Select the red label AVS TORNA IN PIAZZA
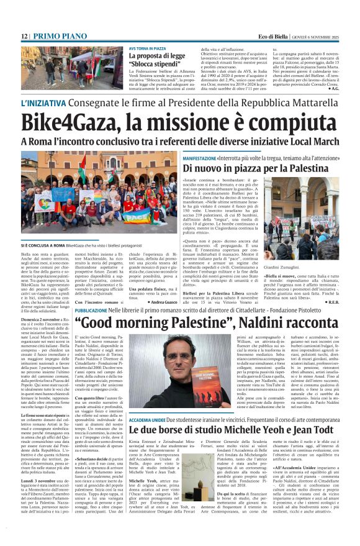(x=147, y=48)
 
